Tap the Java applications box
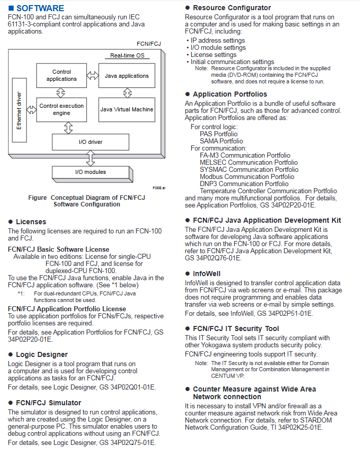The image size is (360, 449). pos(127,76)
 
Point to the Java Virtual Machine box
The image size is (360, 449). pos(127,109)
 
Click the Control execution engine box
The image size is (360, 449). pos(62,109)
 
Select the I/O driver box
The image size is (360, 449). pos(91,142)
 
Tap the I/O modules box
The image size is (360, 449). pos(87,172)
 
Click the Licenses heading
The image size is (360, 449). pos(31,222)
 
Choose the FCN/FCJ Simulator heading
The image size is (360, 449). pos(48,403)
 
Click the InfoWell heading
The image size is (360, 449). pos(206,274)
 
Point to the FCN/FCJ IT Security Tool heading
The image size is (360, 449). pos(236,328)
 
